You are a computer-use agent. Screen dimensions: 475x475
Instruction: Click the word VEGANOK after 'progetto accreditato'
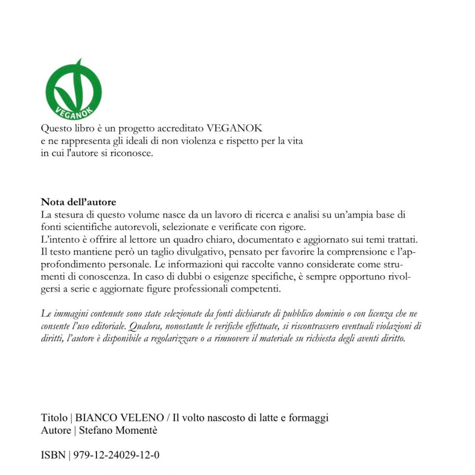click(x=234, y=129)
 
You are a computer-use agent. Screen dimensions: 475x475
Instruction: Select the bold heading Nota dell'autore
click(x=78, y=202)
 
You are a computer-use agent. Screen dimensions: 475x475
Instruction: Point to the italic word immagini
click(x=70, y=314)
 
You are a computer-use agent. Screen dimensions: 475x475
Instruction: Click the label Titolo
click(x=54, y=418)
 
